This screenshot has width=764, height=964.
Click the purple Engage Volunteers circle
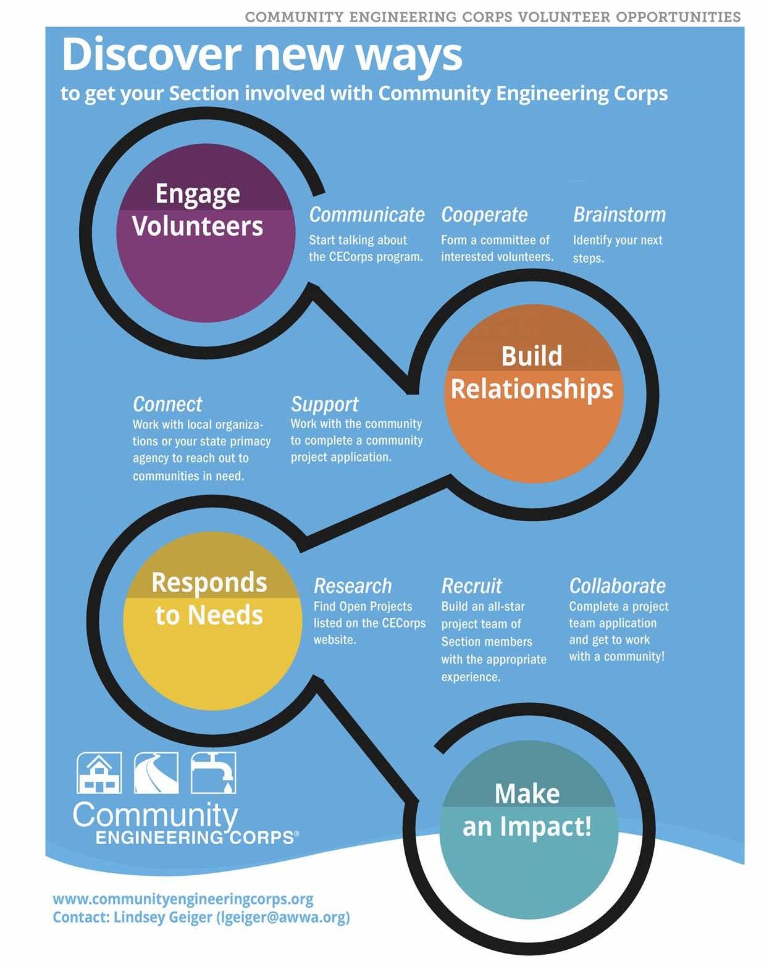coord(205,233)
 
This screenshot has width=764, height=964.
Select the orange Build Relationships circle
coord(533,393)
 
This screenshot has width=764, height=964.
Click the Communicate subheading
coord(367,215)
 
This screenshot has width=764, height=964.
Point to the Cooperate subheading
coord(484,215)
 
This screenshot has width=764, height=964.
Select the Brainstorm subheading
coord(619,215)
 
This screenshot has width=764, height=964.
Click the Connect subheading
coord(167,404)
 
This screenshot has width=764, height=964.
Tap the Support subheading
coord(324,404)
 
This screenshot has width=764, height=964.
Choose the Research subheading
coord(353,586)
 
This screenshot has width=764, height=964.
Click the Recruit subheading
coord(472,586)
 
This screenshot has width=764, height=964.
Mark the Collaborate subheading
coord(618,586)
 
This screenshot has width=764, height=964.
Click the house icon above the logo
coord(99,773)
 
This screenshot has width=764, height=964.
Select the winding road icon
coord(156,773)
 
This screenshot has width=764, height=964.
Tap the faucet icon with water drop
coord(213,773)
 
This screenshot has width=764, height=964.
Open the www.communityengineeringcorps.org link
coord(183,899)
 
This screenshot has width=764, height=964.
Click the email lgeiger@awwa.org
coord(283,918)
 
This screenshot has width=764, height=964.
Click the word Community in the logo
coord(155,815)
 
